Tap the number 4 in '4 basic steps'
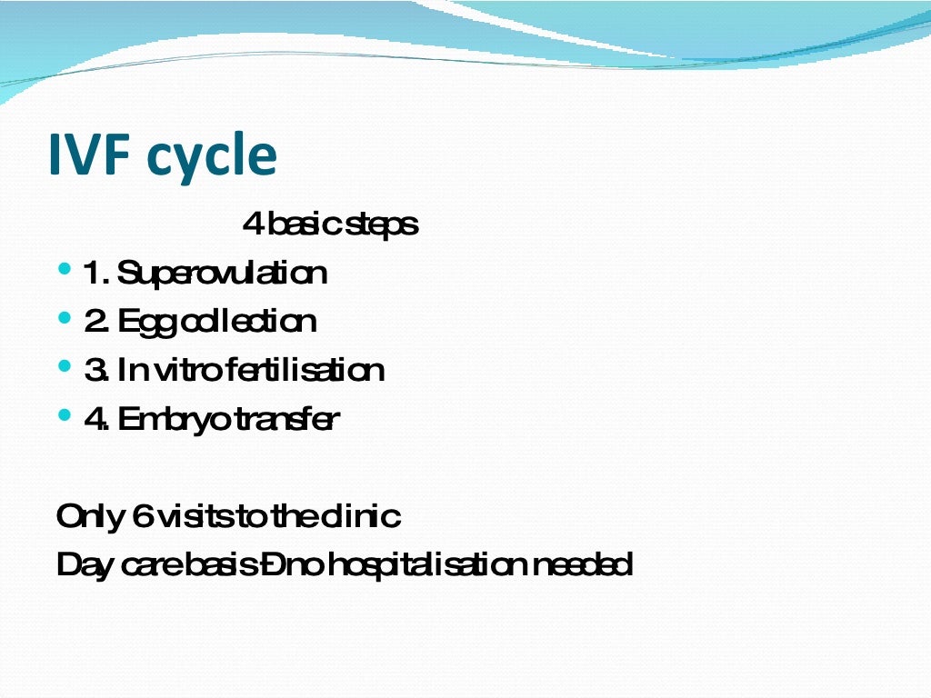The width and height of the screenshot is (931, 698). pos(252,224)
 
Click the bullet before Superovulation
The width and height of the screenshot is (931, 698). pos(64,270)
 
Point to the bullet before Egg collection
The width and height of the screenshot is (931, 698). pos(64,318)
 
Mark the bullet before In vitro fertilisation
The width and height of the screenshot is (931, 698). pos(64,366)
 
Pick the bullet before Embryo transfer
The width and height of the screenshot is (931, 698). pos(64,415)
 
